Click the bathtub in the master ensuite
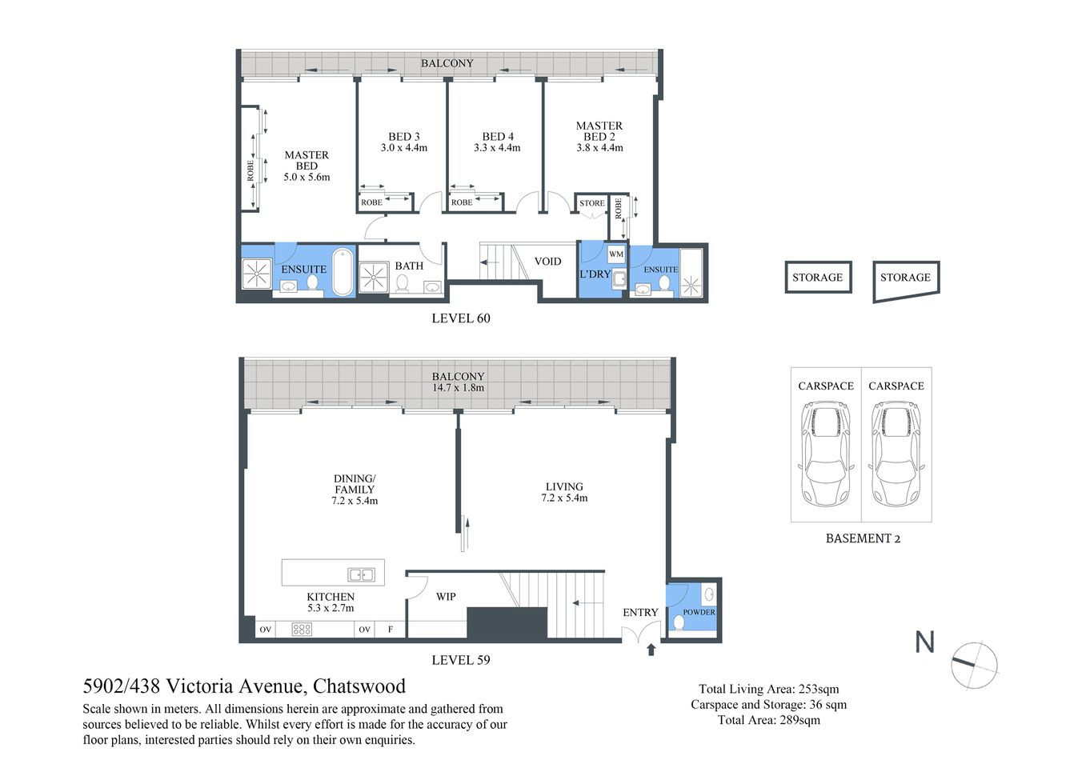343,273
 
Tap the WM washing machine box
615,254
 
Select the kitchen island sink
361,574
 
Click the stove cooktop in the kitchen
302,630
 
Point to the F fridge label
391,630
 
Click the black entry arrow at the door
651,649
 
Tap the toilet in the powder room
679,622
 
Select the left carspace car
825,454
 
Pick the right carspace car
896,454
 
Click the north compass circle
975,664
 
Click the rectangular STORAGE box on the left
817,278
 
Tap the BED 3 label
404,137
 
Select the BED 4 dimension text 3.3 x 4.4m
497,148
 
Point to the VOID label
547,262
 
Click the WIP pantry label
446,597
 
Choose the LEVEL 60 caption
460,318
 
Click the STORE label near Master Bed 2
592,203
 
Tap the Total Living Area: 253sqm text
768,689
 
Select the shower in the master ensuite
257,274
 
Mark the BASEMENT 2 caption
863,538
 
